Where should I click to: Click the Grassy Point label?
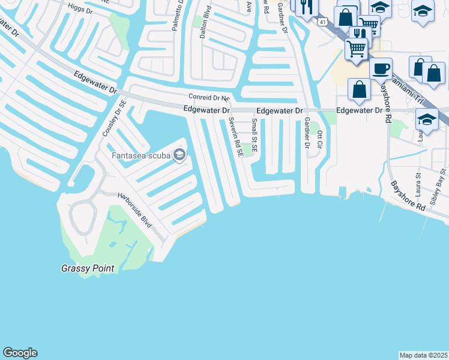(x=88, y=268)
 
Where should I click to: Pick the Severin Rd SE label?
(x=235, y=136)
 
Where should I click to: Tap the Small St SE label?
(x=255, y=135)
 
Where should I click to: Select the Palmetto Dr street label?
(x=178, y=15)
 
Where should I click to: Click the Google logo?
(x=20, y=353)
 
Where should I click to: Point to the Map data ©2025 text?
(x=424, y=355)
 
